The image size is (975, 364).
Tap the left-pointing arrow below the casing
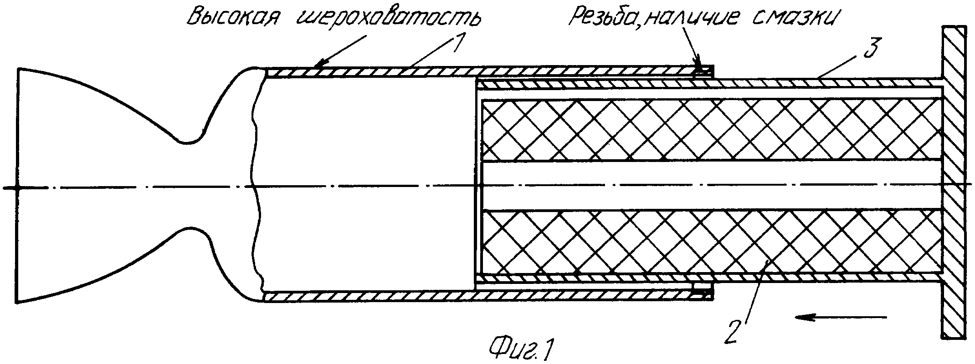[841, 317]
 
